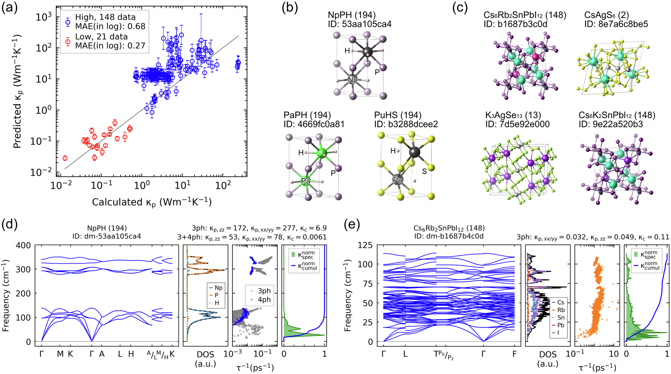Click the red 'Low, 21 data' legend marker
click(x=68, y=42)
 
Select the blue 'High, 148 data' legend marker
click(x=68, y=22)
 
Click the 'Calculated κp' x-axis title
click(x=152, y=202)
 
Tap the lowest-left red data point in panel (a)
click(x=65, y=158)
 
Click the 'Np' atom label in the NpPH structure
click(x=353, y=80)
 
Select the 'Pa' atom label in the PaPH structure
click(x=306, y=181)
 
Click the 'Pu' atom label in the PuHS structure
click(x=398, y=180)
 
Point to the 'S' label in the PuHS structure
click(x=424, y=171)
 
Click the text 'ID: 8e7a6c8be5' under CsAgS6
click(x=616, y=24)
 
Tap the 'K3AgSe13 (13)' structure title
click(x=513, y=115)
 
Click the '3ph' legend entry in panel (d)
click(x=264, y=291)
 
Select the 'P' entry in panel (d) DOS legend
click(x=216, y=295)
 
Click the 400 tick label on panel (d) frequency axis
click(x=23, y=245)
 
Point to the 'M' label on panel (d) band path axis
click(x=60, y=354)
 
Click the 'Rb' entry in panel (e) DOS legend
click(x=561, y=310)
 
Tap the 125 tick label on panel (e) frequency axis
click(x=365, y=245)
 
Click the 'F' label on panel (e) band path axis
click(x=514, y=354)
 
